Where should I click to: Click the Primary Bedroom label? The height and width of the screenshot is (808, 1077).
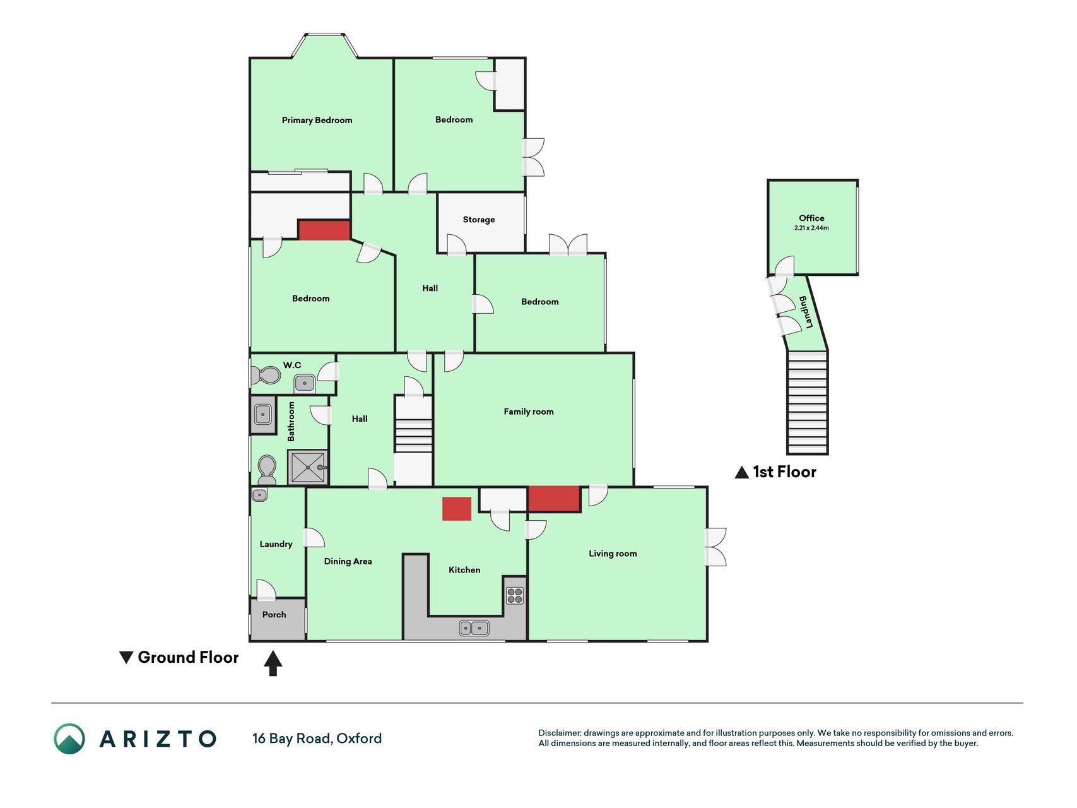point(317,120)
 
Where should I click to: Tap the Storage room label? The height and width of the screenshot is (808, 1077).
point(479,220)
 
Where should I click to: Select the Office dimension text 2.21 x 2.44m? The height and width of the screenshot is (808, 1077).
point(811,228)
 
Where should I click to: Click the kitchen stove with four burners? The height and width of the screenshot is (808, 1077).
point(515,596)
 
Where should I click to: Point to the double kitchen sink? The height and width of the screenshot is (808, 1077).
point(474,628)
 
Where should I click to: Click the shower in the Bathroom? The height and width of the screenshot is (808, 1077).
point(308,467)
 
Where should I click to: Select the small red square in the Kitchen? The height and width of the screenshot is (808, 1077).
point(457,509)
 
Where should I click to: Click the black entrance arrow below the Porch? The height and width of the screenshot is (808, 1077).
point(273,663)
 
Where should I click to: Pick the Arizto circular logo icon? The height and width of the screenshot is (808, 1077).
point(69,739)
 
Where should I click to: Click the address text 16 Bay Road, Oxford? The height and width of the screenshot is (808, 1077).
point(317,739)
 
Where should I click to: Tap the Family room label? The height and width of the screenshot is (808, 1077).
point(529,412)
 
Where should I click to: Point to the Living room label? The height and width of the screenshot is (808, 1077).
point(613,554)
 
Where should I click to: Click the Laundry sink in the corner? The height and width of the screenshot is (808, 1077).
point(259,495)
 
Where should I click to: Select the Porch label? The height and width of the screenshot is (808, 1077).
point(274,615)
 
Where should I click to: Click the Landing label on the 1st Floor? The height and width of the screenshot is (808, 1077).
point(806,312)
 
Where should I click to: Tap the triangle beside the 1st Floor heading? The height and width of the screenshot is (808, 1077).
point(742,472)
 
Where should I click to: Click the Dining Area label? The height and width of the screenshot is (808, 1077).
point(348,561)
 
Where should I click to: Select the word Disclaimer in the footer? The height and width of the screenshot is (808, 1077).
point(559,733)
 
